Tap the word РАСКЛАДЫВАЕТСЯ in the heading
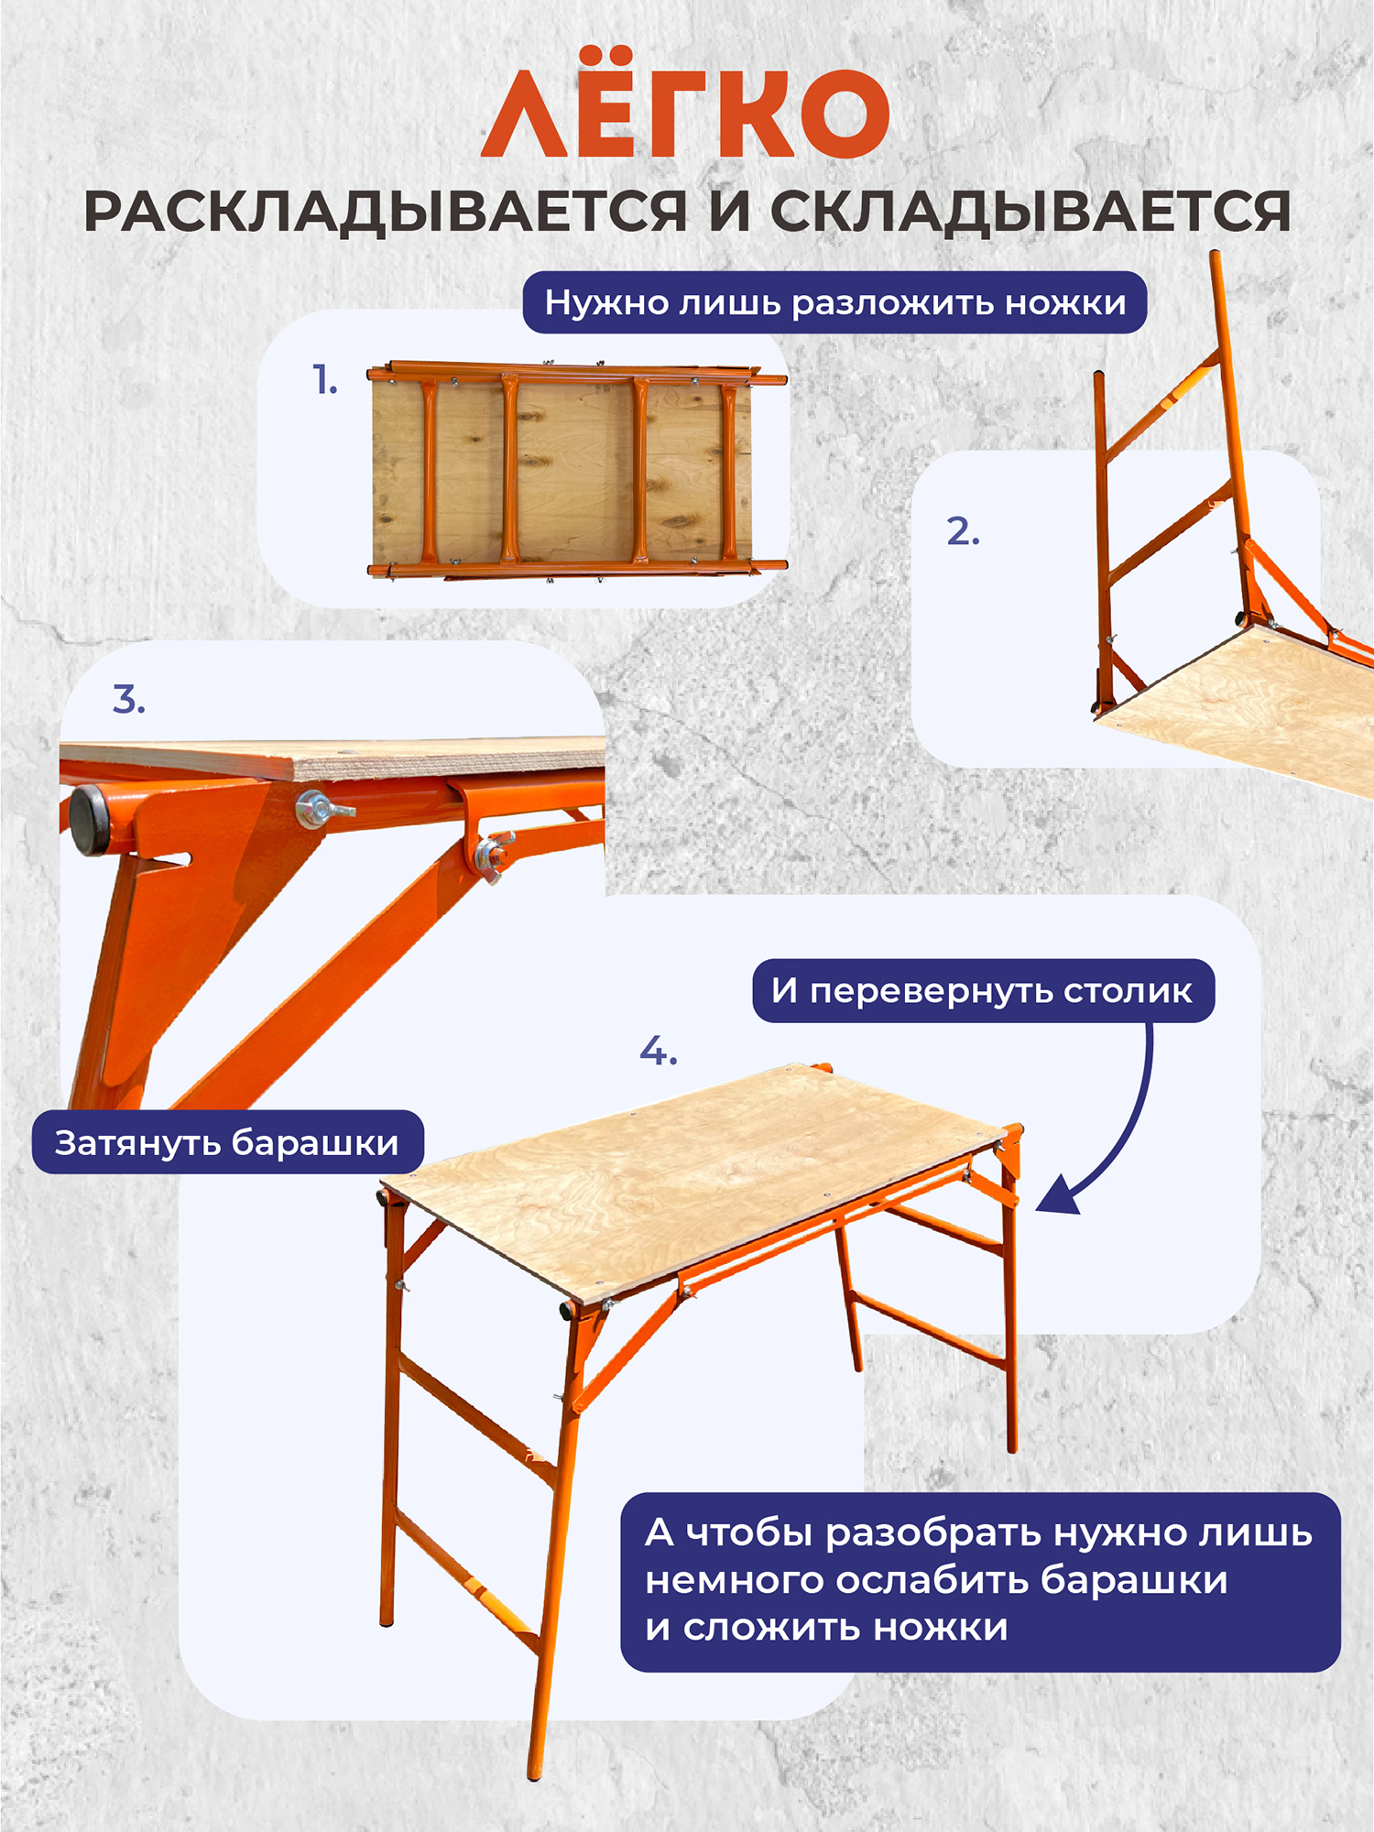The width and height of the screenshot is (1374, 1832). click(386, 213)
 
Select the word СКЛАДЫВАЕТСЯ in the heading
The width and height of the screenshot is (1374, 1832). click(1030, 213)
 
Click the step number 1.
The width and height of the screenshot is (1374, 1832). click(324, 379)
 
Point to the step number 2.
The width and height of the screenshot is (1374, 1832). click(963, 531)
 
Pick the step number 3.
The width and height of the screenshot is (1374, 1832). click(129, 699)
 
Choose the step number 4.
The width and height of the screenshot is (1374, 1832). click(659, 1051)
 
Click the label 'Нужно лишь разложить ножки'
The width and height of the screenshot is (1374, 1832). click(835, 302)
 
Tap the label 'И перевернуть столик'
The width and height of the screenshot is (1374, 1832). click(982, 990)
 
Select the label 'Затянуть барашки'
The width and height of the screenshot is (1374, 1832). click(227, 1142)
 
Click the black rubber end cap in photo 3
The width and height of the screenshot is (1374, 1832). click(91, 819)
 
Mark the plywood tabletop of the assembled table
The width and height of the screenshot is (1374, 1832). click(694, 1182)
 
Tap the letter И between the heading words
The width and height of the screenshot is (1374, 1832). click(728, 212)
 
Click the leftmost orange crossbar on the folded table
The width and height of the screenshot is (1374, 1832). click(429, 472)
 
